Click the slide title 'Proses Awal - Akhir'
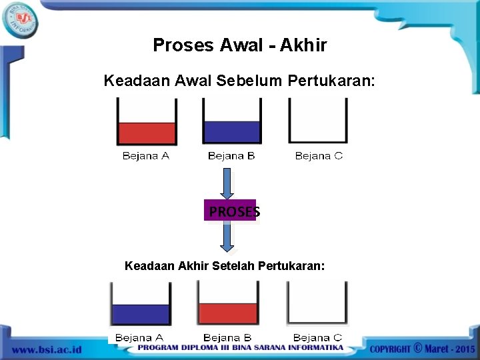[240, 45]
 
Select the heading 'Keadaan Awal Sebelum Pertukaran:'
[240, 81]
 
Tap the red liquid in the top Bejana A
[147, 133]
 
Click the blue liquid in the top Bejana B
[231, 132]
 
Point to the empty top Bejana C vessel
[317, 121]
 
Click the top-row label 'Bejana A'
[146, 156]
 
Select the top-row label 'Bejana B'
[231, 156]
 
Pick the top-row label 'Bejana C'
[319, 156]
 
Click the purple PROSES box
[230, 211]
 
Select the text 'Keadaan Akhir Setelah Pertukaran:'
[225, 266]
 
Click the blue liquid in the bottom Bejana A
[141, 314]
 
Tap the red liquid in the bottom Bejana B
[228, 313]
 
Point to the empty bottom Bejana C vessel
[317, 303]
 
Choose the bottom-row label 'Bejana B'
[227, 338]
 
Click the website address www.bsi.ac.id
[46, 349]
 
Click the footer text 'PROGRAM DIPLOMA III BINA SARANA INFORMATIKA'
[240, 348]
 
